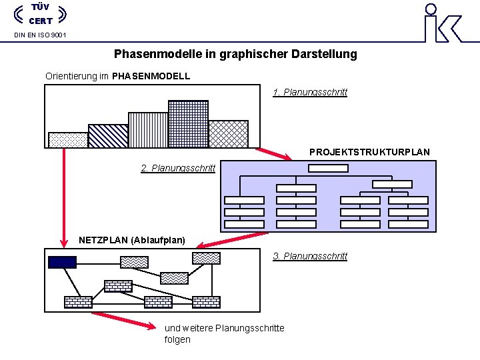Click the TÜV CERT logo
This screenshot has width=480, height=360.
pos(40,15)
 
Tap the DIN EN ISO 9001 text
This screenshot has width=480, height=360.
pos(40,35)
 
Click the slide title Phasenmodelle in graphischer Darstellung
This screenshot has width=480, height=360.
pos(235,54)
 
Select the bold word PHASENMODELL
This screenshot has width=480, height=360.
pos(151,76)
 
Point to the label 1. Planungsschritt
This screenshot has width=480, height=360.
pos(310,92)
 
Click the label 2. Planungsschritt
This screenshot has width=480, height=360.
pos(178,168)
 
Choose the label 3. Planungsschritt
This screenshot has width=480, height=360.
pos(310,256)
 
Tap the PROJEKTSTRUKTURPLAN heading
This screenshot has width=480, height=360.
pos(369,152)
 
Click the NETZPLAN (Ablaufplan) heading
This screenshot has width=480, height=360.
pos(132,239)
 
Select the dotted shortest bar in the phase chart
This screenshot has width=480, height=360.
pos(68,139)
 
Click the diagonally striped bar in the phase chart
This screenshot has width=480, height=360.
pos(108,135)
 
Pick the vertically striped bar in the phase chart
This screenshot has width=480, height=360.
pos(148,129)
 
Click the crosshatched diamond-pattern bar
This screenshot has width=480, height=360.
pos(229,133)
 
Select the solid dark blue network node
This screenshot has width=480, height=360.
pos(62,262)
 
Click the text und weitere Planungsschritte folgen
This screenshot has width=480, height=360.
pos(224,333)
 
